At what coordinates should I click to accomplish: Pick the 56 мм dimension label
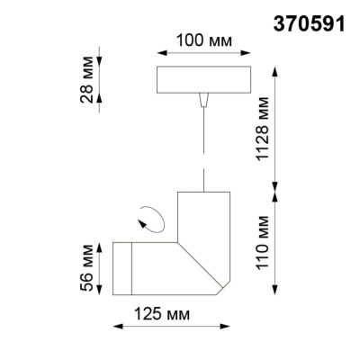point(86,267)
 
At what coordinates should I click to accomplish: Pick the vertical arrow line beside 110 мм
point(277,243)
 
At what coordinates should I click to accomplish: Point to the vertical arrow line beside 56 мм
point(100,268)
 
